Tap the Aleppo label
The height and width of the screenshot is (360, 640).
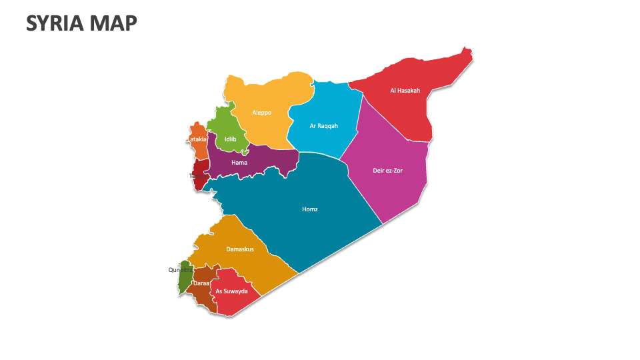(261, 113)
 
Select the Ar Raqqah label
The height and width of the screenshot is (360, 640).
(324, 125)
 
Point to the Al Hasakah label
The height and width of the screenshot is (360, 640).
(405, 91)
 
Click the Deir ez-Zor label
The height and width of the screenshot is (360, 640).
(388, 170)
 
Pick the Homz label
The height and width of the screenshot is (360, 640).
(310, 209)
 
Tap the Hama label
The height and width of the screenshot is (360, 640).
(239, 163)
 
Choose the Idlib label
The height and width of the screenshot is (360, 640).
(231, 139)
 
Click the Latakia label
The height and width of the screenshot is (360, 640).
(197, 139)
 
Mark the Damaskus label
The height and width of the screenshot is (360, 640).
(240, 249)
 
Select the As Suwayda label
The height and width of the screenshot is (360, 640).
(232, 291)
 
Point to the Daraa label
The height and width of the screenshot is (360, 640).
(201, 283)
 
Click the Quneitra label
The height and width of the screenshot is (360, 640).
(179, 270)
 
